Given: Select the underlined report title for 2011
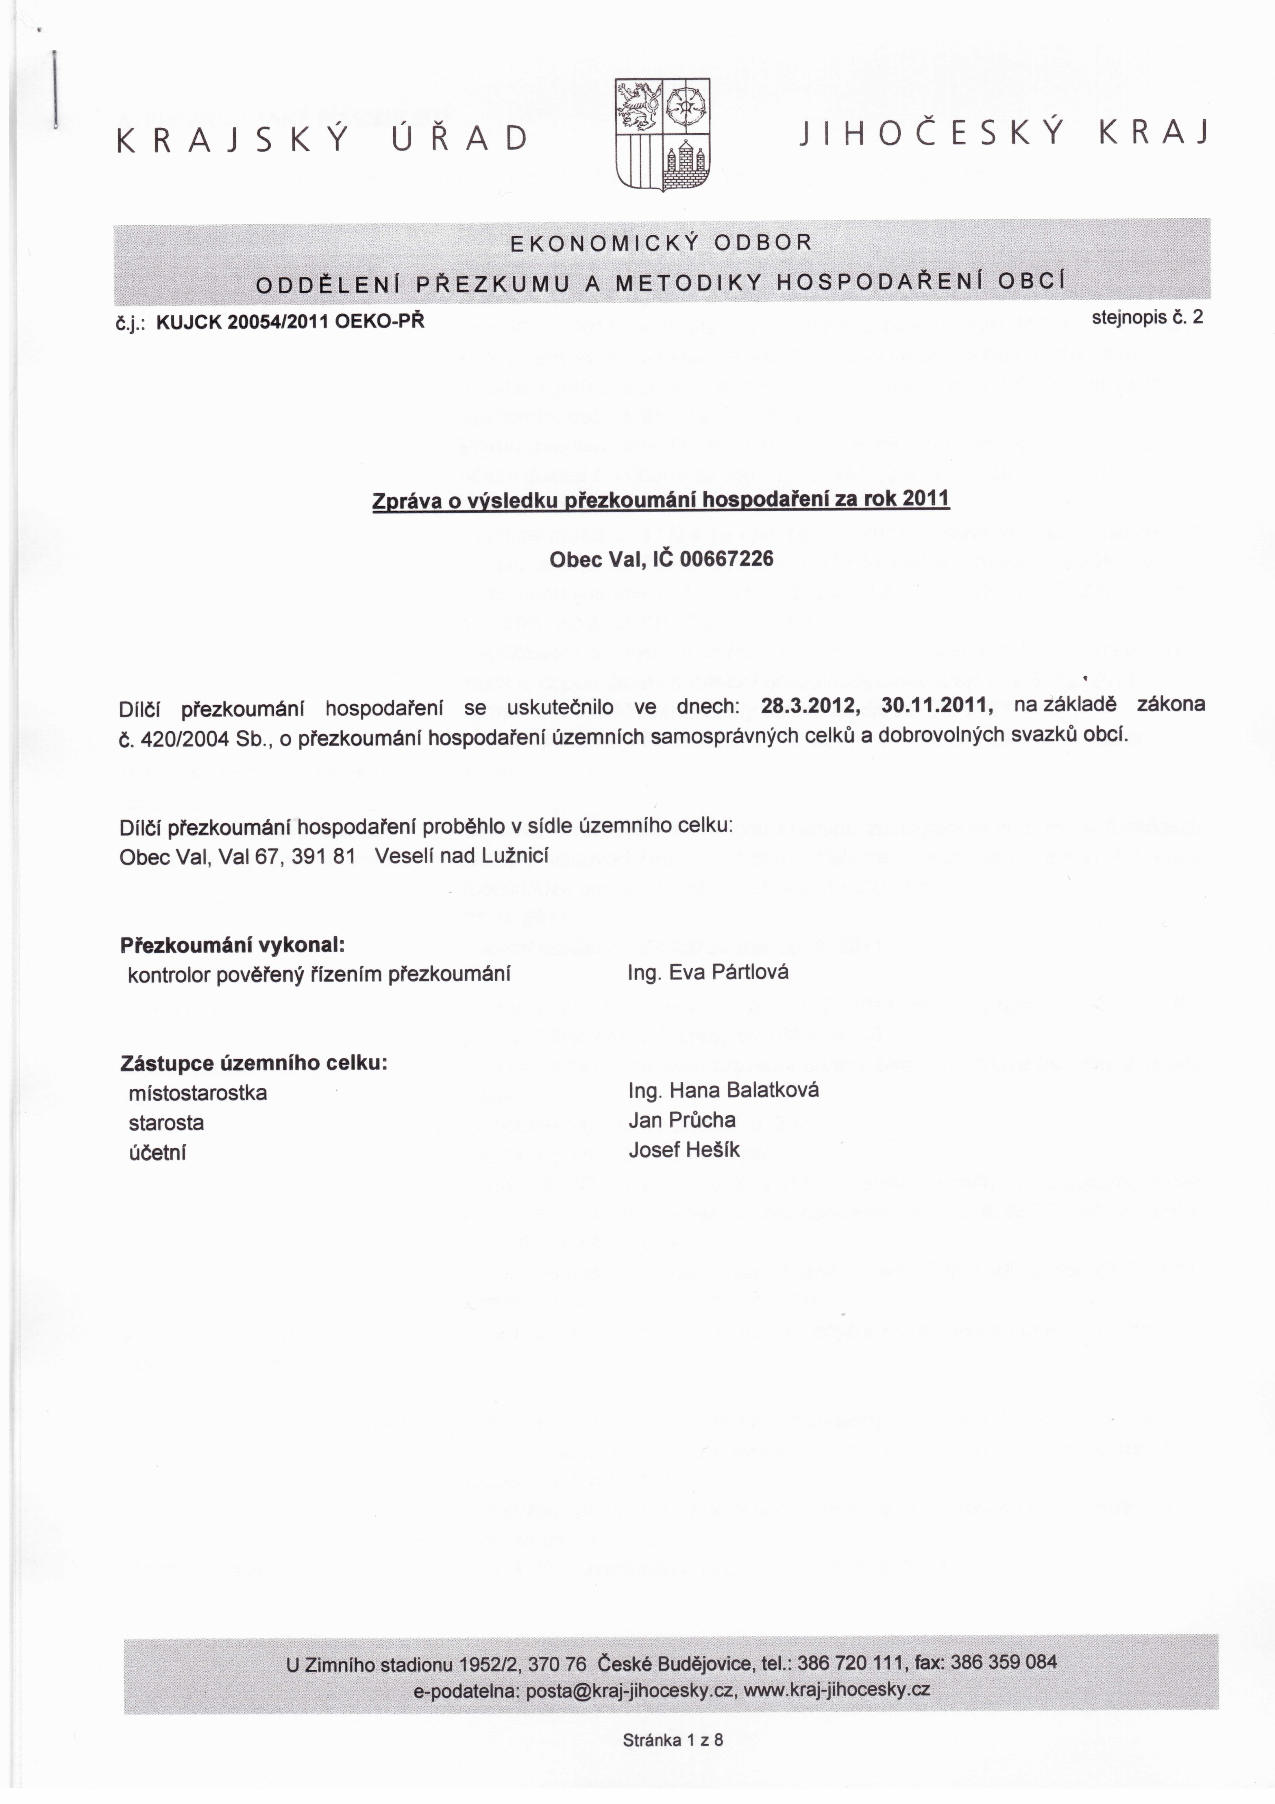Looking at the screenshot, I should [661, 500].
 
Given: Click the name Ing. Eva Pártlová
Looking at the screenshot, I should [708, 973].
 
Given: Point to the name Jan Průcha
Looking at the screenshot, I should [682, 1120].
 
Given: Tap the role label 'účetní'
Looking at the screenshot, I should [157, 1153].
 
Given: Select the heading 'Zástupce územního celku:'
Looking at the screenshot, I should [254, 1064].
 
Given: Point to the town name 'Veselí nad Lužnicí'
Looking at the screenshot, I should [461, 856].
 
